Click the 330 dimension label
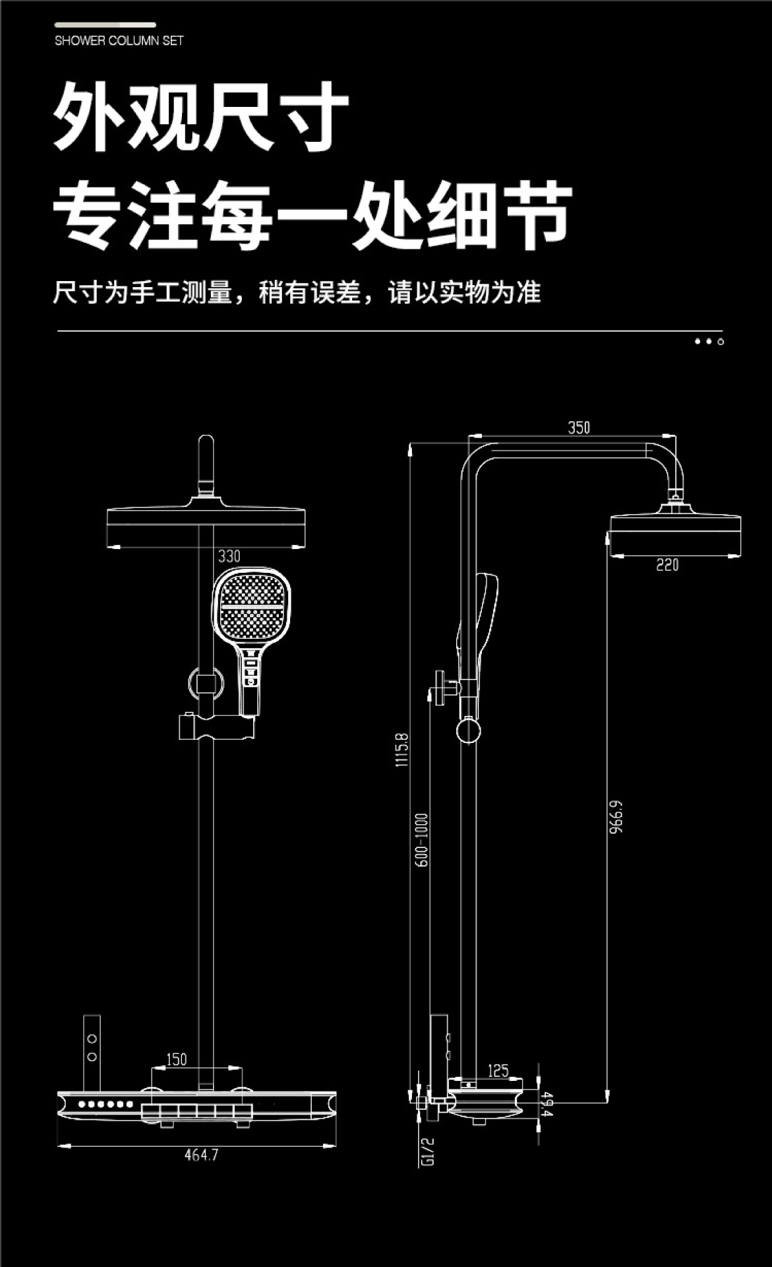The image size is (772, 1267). click(x=229, y=556)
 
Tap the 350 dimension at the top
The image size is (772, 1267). click(x=579, y=428)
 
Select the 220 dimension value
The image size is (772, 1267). click(x=667, y=565)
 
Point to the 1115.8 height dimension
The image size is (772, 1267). click(x=401, y=750)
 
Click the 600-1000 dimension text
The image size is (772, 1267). click(x=422, y=840)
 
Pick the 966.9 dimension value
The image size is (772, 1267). click(x=616, y=817)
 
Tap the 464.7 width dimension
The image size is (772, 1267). click(x=201, y=1155)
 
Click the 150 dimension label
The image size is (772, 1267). click(x=176, y=1060)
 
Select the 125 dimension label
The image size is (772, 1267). click(x=498, y=1070)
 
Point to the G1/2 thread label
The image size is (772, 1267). click(x=427, y=1152)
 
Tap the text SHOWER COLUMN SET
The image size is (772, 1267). click(x=119, y=41)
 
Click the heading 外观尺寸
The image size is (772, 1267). click(x=201, y=117)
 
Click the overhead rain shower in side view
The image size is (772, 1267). click(x=675, y=533)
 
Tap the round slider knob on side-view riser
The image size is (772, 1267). click(x=468, y=732)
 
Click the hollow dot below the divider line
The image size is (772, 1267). click(x=721, y=342)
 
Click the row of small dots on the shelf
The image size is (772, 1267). click(x=105, y=1104)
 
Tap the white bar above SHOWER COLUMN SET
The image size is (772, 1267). click(x=105, y=25)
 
